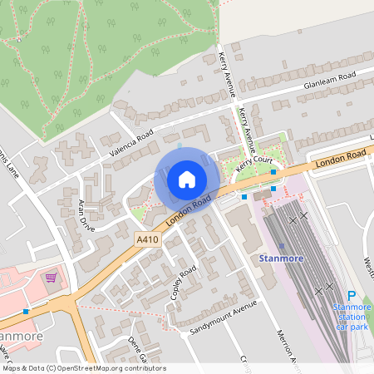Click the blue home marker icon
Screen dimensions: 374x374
coord(187,179)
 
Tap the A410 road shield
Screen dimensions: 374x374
coord(148,239)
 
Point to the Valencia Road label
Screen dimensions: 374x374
coord(131,143)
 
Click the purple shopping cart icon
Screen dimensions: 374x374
coord(52,277)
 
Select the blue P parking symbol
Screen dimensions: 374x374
coord(351,296)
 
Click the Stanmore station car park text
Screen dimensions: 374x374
coord(351,317)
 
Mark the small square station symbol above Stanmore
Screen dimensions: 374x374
coord(282,245)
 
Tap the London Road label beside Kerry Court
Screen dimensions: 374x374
coord(341,156)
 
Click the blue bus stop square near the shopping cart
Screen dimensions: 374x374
coord(26,311)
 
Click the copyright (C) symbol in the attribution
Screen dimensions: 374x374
coord(52,367)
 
